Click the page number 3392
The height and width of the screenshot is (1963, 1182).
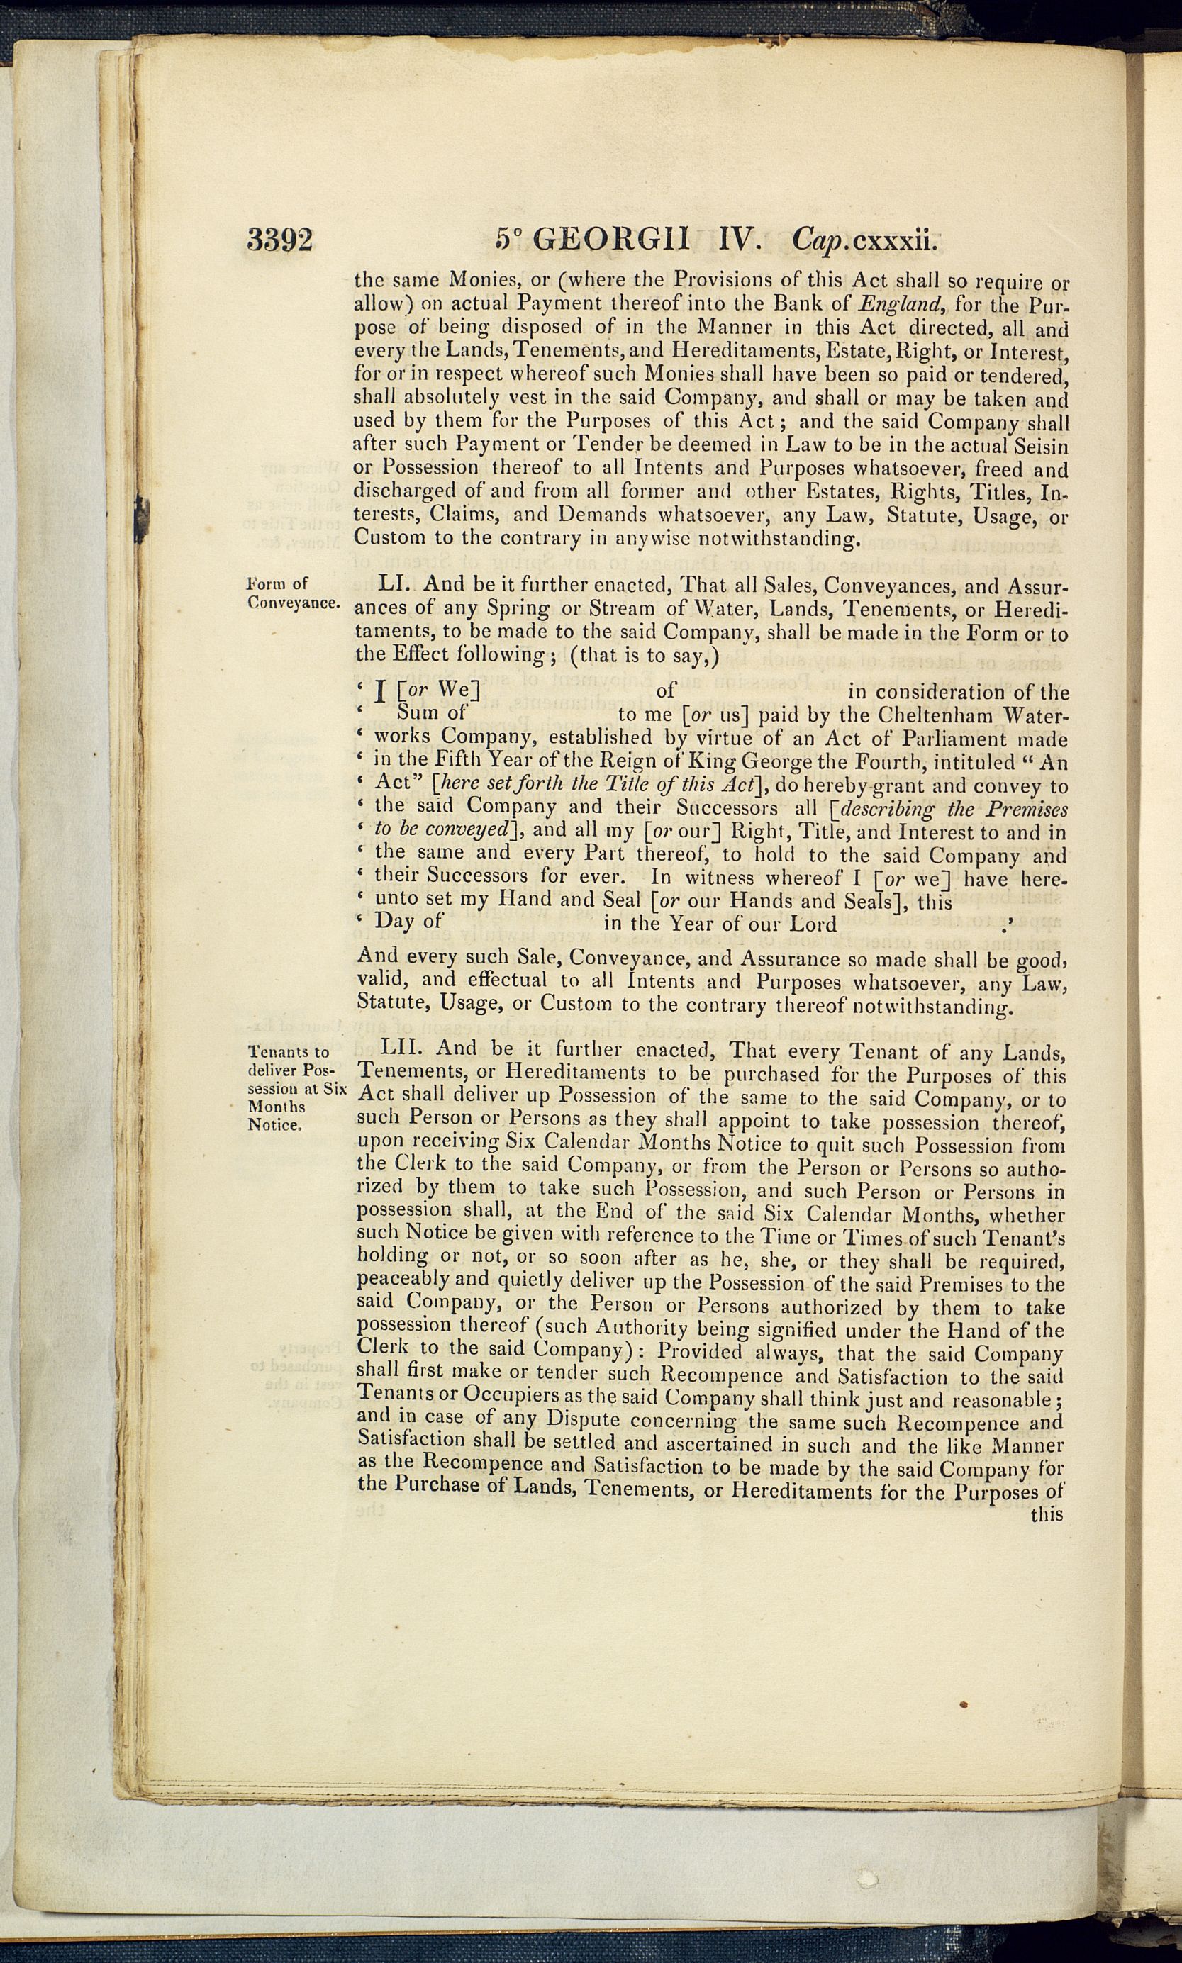(x=279, y=240)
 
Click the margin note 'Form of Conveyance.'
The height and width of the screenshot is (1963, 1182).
(x=292, y=593)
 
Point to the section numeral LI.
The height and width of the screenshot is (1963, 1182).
(x=394, y=583)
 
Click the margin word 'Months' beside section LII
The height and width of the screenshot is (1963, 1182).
(x=277, y=1106)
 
